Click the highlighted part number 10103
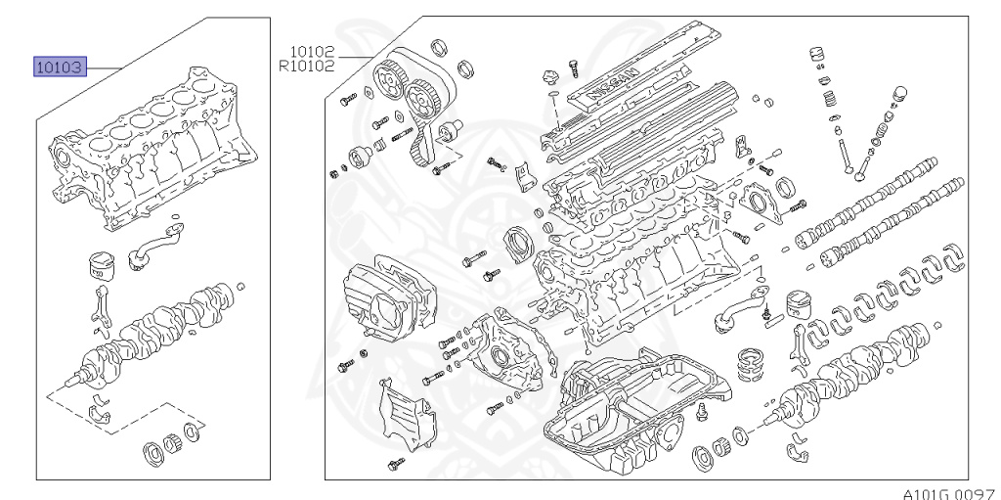(x=60, y=67)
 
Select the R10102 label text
(x=306, y=66)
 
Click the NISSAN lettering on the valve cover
(x=612, y=83)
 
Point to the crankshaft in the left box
(x=153, y=333)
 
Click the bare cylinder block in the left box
(x=153, y=147)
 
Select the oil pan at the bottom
(x=638, y=409)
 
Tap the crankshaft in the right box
(x=849, y=378)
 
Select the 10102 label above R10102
(x=312, y=51)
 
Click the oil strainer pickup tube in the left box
(x=153, y=243)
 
